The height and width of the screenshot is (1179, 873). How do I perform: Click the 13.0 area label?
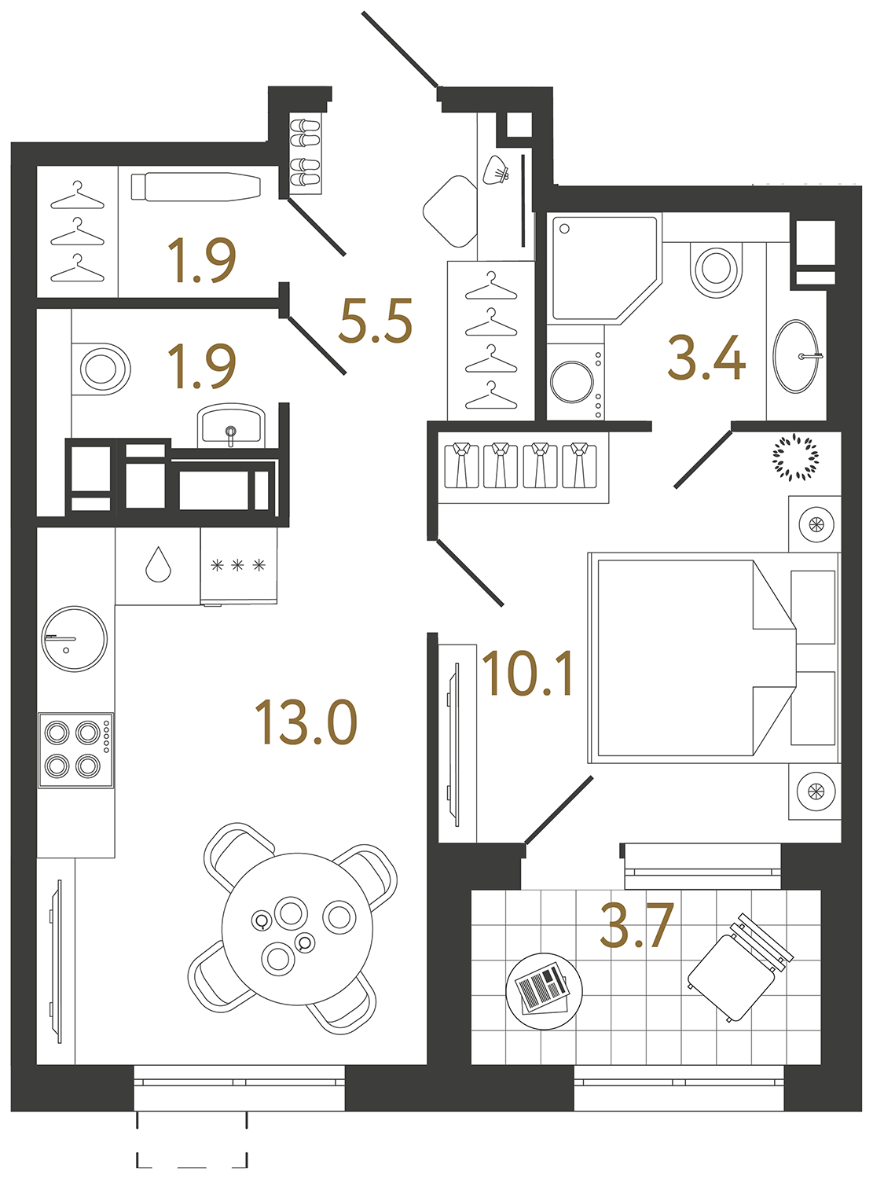point(306,723)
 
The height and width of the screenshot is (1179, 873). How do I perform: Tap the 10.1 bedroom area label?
point(528,674)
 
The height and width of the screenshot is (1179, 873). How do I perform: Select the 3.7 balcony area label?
point(636,925)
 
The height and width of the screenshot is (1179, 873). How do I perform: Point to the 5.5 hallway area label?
point(376,321)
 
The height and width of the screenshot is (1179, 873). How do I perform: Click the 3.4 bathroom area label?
point(706,358)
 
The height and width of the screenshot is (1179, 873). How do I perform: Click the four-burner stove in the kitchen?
point(75,749)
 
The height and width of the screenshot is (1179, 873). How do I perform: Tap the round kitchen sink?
point(74,637)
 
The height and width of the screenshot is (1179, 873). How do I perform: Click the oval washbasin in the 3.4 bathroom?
point(796,356)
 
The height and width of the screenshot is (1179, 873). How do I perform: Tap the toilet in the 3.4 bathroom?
point(716,268)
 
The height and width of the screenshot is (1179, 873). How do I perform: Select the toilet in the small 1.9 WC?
point(102,368)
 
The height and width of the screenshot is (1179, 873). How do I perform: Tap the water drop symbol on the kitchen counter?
point(159,564)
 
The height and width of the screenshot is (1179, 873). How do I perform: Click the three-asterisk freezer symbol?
point(238,565)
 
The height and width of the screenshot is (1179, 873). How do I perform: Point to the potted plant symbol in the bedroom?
point(795,457)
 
